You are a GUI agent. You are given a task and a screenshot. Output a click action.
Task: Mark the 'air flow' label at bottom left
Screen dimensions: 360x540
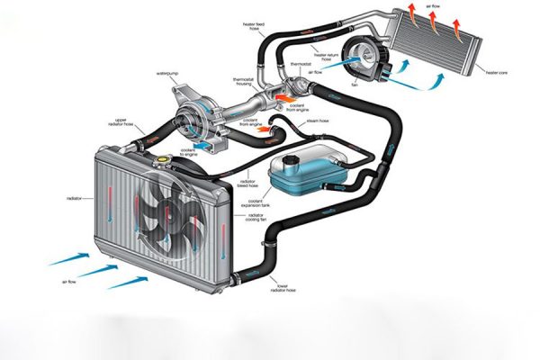68,282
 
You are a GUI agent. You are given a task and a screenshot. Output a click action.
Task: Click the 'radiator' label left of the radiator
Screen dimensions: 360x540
75,196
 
